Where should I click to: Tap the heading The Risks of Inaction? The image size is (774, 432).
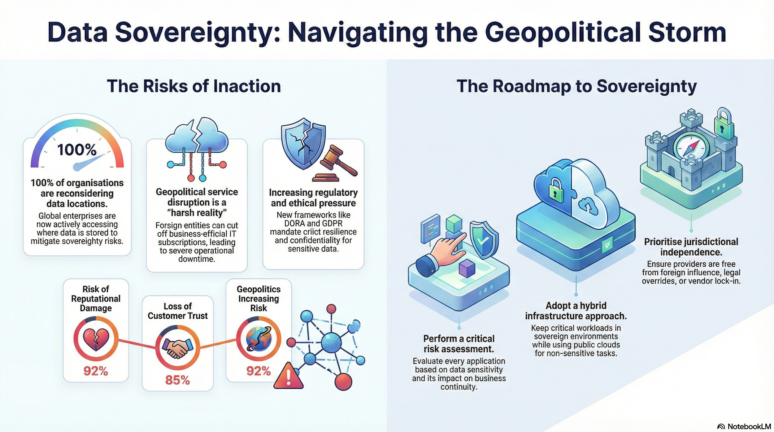(x=194, y=86)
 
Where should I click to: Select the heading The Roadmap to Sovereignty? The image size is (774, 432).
(x=576, y=86)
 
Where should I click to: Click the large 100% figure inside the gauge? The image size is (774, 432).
(x=77, y=150)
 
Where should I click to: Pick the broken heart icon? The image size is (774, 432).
(x=96, y=339)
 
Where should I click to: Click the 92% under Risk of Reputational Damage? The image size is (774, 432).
(x=96, y=371)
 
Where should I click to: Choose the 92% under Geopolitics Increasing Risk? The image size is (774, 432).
(x=259, y=371)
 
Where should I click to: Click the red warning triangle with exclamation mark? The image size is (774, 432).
(x=288, y=376)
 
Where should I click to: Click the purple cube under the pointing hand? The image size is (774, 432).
(x=467, y=268)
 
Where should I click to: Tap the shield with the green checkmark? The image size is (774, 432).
(x=483, y=239)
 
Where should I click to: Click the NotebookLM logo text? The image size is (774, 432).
(x=749, y=426)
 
